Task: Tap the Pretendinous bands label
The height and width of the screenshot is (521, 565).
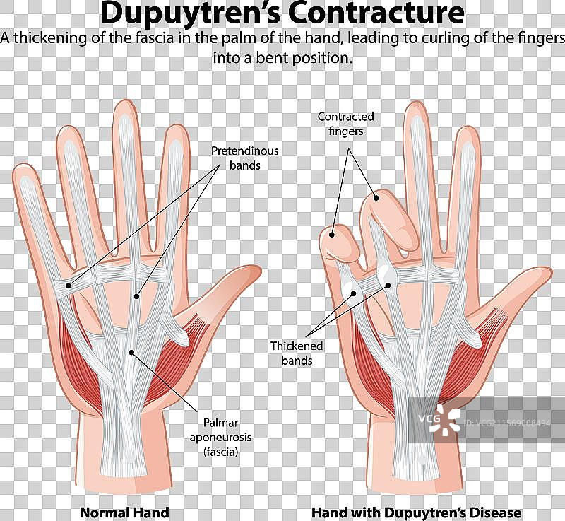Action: click(245, 158)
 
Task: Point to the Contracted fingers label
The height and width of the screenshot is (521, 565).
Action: click(345, 124)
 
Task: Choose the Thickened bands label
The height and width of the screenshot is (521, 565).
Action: click(297, 353)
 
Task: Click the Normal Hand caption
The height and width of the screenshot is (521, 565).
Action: click(124, 513)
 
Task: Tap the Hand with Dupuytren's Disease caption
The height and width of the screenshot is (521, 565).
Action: click(417, 513)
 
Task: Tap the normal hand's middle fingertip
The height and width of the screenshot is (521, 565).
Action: click(124, 110)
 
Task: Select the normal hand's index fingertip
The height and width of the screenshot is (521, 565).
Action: click(173, 134)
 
